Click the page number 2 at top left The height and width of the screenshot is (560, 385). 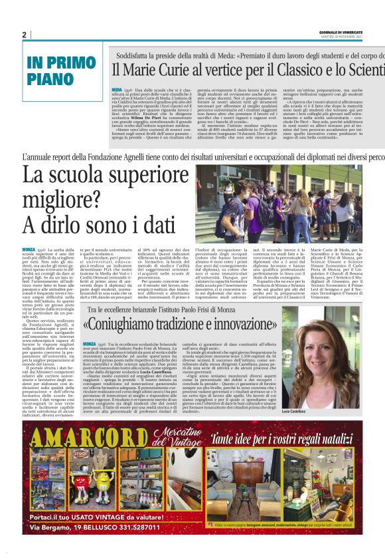pos(24,35)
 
